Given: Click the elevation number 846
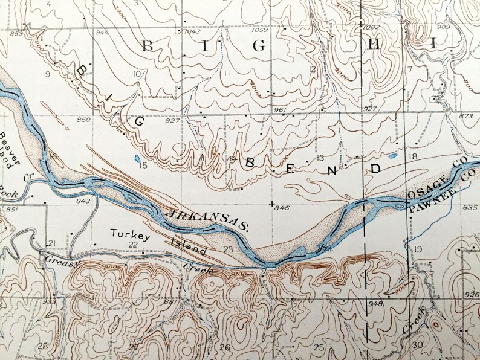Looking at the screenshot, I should pyautogui.click(x=282, y=208).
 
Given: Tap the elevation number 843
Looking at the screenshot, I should pyautogui.click(x=83, y=201).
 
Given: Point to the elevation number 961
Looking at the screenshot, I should pyautogui.click(x=279, y=109).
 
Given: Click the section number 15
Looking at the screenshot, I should pyautogui.click(x=143, y=165).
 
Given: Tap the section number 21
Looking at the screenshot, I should pyautogui.click(x=51, y=243).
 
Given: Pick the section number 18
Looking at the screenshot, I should pyautogui.click(x=414, y=156).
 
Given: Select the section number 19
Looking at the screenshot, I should pyautogui.click(x=417, y=249).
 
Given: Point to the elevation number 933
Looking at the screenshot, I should pyautogui.click(x=50, y=301).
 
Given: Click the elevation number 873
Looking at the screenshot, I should pyautogui.click(x=466, y=115).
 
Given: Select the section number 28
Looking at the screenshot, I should pyautogui.click(x=42, y=346).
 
